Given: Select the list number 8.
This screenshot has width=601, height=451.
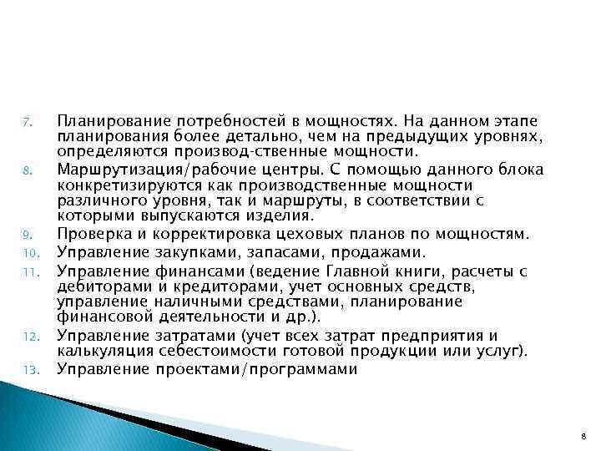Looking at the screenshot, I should [26, 172].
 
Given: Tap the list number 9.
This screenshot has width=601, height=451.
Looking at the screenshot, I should [26, 234].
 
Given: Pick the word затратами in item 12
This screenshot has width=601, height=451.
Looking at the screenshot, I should [186, 336].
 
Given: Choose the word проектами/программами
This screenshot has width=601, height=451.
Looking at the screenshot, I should [257, 369].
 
